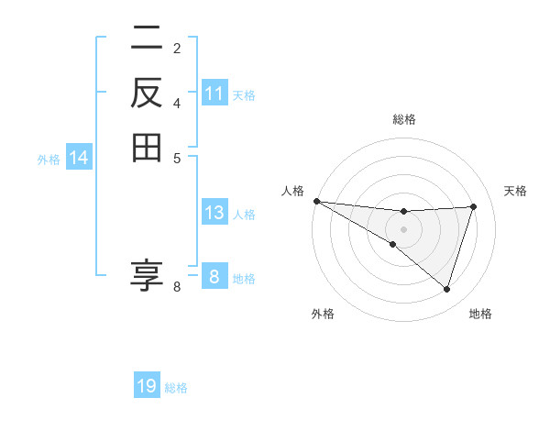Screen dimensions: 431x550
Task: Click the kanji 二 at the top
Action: click(147, 39)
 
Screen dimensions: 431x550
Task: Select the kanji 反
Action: click(147, 93)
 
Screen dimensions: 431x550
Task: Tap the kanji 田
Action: click(147, 147)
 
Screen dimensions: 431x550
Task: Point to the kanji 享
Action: click(147, 275)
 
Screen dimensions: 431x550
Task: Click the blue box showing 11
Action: click(214, 94)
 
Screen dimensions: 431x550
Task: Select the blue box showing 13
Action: click(214, 213)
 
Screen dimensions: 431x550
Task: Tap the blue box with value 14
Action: click(79, 159)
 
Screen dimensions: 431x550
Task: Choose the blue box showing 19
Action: click(147, 386)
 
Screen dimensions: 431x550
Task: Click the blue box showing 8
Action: click(214, 277)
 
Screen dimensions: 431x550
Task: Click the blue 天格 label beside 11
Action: click(244, 95)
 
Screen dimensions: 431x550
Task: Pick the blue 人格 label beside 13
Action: click(244, 215)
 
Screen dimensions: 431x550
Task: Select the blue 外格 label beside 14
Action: click(49, 160)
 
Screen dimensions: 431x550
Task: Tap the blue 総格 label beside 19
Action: click(176, 388)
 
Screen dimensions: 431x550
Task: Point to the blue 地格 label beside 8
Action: click(244, 279)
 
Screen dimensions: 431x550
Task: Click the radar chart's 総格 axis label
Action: click(404, 119)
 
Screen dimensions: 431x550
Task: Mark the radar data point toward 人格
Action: click(316, 200)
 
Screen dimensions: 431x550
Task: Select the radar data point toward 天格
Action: click(474, 206)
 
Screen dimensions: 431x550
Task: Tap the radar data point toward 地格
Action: click(447, 289)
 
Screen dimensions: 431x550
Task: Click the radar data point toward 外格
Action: click(392, 244)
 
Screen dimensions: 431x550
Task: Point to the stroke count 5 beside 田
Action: click(177, 157)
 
